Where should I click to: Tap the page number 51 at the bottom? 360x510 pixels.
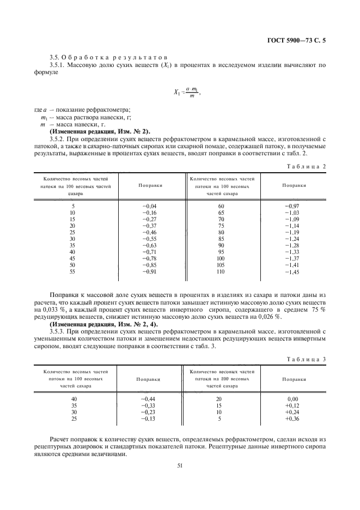click(x=179, y=465)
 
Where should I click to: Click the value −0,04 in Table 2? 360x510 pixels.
click(x=149, y=206)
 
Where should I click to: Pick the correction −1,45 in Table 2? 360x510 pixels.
click(x=291, y=271)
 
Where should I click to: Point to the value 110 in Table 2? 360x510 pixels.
click(x=221, y=271)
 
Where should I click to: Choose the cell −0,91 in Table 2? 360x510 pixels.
click(x=149, y=271)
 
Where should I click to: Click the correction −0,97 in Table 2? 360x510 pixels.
click(x=291, y=206)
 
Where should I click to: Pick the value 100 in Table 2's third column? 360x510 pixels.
click(x=221, y=258)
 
